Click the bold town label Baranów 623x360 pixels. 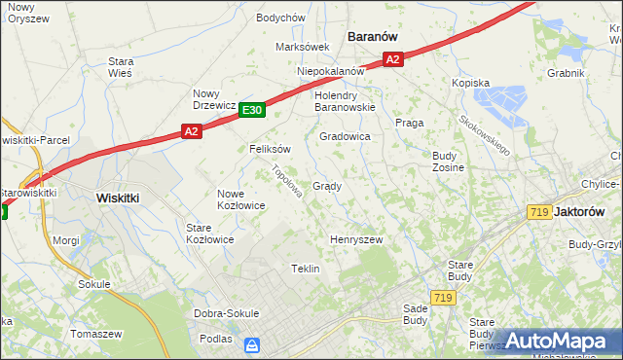(374, 36)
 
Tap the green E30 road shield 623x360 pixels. (251, 111)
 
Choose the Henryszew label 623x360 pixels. (356, 239)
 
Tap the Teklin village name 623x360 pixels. (306, 269)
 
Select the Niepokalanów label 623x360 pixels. (331, 71)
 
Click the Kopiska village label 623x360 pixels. (469, 84)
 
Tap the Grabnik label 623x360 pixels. (566, 73)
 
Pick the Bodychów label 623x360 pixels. (281, 18)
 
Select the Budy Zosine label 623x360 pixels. (448, 162)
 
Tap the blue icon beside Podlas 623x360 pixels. (252, 344)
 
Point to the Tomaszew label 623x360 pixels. (96, 333)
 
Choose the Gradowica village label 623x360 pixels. (345, 137)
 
